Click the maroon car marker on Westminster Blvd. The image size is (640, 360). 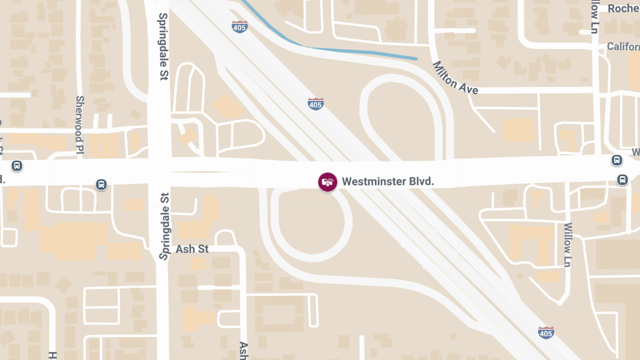pos(327,182)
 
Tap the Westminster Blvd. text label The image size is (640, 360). pos(388,181)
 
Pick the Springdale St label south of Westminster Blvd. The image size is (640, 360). pos(164,226)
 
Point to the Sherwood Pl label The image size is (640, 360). pos(80,125)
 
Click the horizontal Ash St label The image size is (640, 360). pos(192,249)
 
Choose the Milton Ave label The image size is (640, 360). pos(454,78)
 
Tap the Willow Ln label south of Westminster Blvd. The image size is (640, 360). pos(567,245)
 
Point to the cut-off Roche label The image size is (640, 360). pos(623,9)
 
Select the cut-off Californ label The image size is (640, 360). pos(623,47)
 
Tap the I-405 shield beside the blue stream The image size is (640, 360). pos(239,27)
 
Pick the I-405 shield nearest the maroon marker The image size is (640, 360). pos(316,104)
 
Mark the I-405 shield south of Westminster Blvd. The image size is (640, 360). pos(546,332)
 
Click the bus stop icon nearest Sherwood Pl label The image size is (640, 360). pos(101,185)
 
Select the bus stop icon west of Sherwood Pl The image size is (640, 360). pos(17,166)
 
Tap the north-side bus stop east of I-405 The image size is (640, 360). pos(617,160)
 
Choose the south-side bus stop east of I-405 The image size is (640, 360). pos(622,179)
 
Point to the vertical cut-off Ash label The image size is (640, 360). pos(243,350)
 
